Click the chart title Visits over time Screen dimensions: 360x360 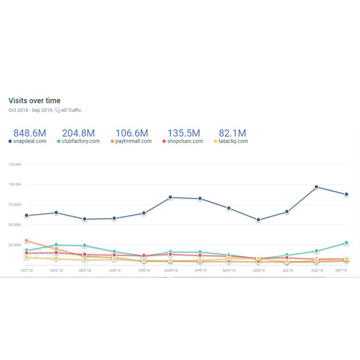(34, 101)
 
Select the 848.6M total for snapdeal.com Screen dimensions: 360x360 (30, 133)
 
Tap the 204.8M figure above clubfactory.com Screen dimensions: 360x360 (78, 133)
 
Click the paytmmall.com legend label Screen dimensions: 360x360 (133, 141)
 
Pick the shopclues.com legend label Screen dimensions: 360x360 (185, 141)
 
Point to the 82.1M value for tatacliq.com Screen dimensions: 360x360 (232, 133)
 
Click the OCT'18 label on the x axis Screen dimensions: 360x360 (27, 271)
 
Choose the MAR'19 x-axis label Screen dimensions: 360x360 (171, 271)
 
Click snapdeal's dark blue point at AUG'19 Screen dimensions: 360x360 (316, 187)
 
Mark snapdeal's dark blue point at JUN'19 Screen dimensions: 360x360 (258, 220)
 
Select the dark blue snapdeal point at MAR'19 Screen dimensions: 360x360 (171, 197)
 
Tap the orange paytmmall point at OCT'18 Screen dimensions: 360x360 (27, 241)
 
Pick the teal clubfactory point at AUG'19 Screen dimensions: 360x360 (316, 251)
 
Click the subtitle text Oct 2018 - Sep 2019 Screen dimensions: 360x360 (30, 110)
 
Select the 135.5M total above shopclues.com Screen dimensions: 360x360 (184, 133)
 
